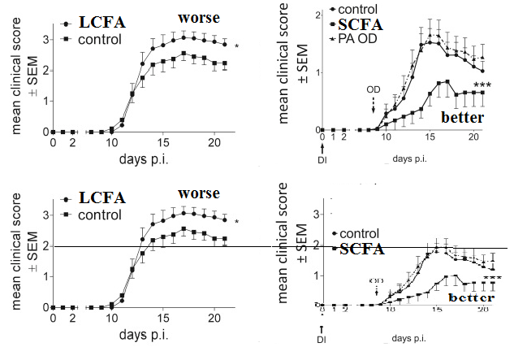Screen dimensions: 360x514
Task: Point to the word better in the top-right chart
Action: (x=463, y=119)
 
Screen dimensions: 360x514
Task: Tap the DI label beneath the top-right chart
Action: (x=323, y=159)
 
